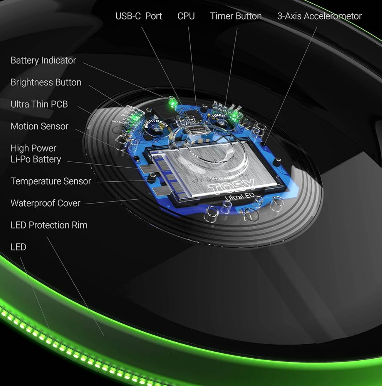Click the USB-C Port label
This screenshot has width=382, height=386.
click(138, 16)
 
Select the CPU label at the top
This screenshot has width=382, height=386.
click(186, 16)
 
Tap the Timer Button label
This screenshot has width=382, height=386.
click(236, 16)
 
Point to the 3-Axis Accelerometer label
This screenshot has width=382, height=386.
click(319, 16)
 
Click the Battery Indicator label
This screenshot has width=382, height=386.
click(43, 60)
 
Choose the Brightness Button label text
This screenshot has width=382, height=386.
click(46, 82)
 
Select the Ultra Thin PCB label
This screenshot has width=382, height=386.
click(39, 104)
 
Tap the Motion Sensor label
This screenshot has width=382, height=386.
click(39, 126)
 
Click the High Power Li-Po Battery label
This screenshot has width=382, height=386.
click(35, 154)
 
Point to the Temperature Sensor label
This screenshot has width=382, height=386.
click(51, 181)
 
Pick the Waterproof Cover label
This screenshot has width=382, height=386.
click(45, 203)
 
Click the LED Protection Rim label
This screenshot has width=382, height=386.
click(49, 225)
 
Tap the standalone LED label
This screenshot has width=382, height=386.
click(18, 247)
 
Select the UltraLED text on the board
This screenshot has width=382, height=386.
click(240, 196)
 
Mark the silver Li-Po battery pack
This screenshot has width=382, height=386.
click(214, 167)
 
